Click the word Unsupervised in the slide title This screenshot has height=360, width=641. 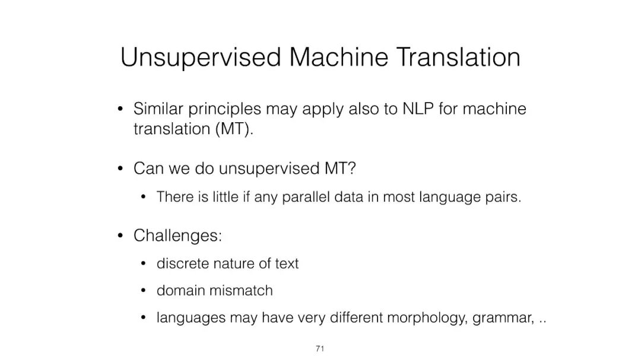click(x=201, y=57)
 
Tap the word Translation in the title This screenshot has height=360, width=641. click(x=458, y=57)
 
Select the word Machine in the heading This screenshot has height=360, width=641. click(x=338, y=57)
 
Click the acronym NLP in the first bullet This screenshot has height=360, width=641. click(x=418, y=109)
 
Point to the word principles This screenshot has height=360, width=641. click(x=224, y=110)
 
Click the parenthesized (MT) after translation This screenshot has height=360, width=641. click(x=232, y=129)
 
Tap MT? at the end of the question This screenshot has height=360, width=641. click(x=340, y=168)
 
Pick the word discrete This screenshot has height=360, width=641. click(x=183, y=263)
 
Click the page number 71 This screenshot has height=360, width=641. click(x=320, y=349)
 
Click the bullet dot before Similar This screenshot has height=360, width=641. click(x=120, y=109)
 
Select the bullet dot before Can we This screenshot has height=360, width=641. click(x=120, y=168)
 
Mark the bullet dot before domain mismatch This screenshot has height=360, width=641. click(x=143, y=291)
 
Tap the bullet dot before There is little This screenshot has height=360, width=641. click(x=143, y=197)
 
